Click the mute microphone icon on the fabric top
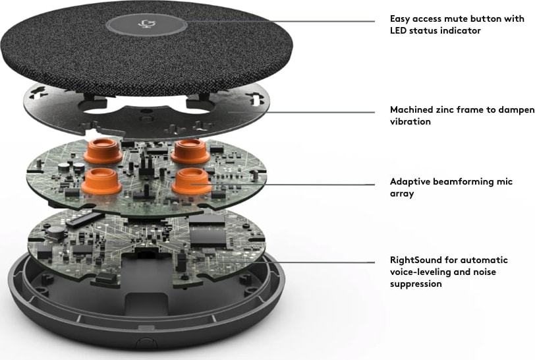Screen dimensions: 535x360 [147, 24]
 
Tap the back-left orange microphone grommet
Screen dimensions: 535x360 [103, 150]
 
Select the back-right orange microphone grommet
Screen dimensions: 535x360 [190, 150]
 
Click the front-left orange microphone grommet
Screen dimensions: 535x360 [101, 181]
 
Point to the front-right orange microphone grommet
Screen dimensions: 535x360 [192, 181]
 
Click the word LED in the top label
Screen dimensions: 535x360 [398, 31]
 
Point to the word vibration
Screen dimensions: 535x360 [410, 121]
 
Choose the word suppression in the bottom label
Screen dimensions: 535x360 [416, 284]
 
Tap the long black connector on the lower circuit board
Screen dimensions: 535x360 [84, 219]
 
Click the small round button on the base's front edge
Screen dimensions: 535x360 [146, 343]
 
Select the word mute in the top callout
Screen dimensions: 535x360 [447, 18]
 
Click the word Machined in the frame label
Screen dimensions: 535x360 [412, 109]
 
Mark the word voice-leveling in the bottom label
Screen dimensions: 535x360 [418, 272]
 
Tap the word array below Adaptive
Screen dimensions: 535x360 [402, 194]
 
